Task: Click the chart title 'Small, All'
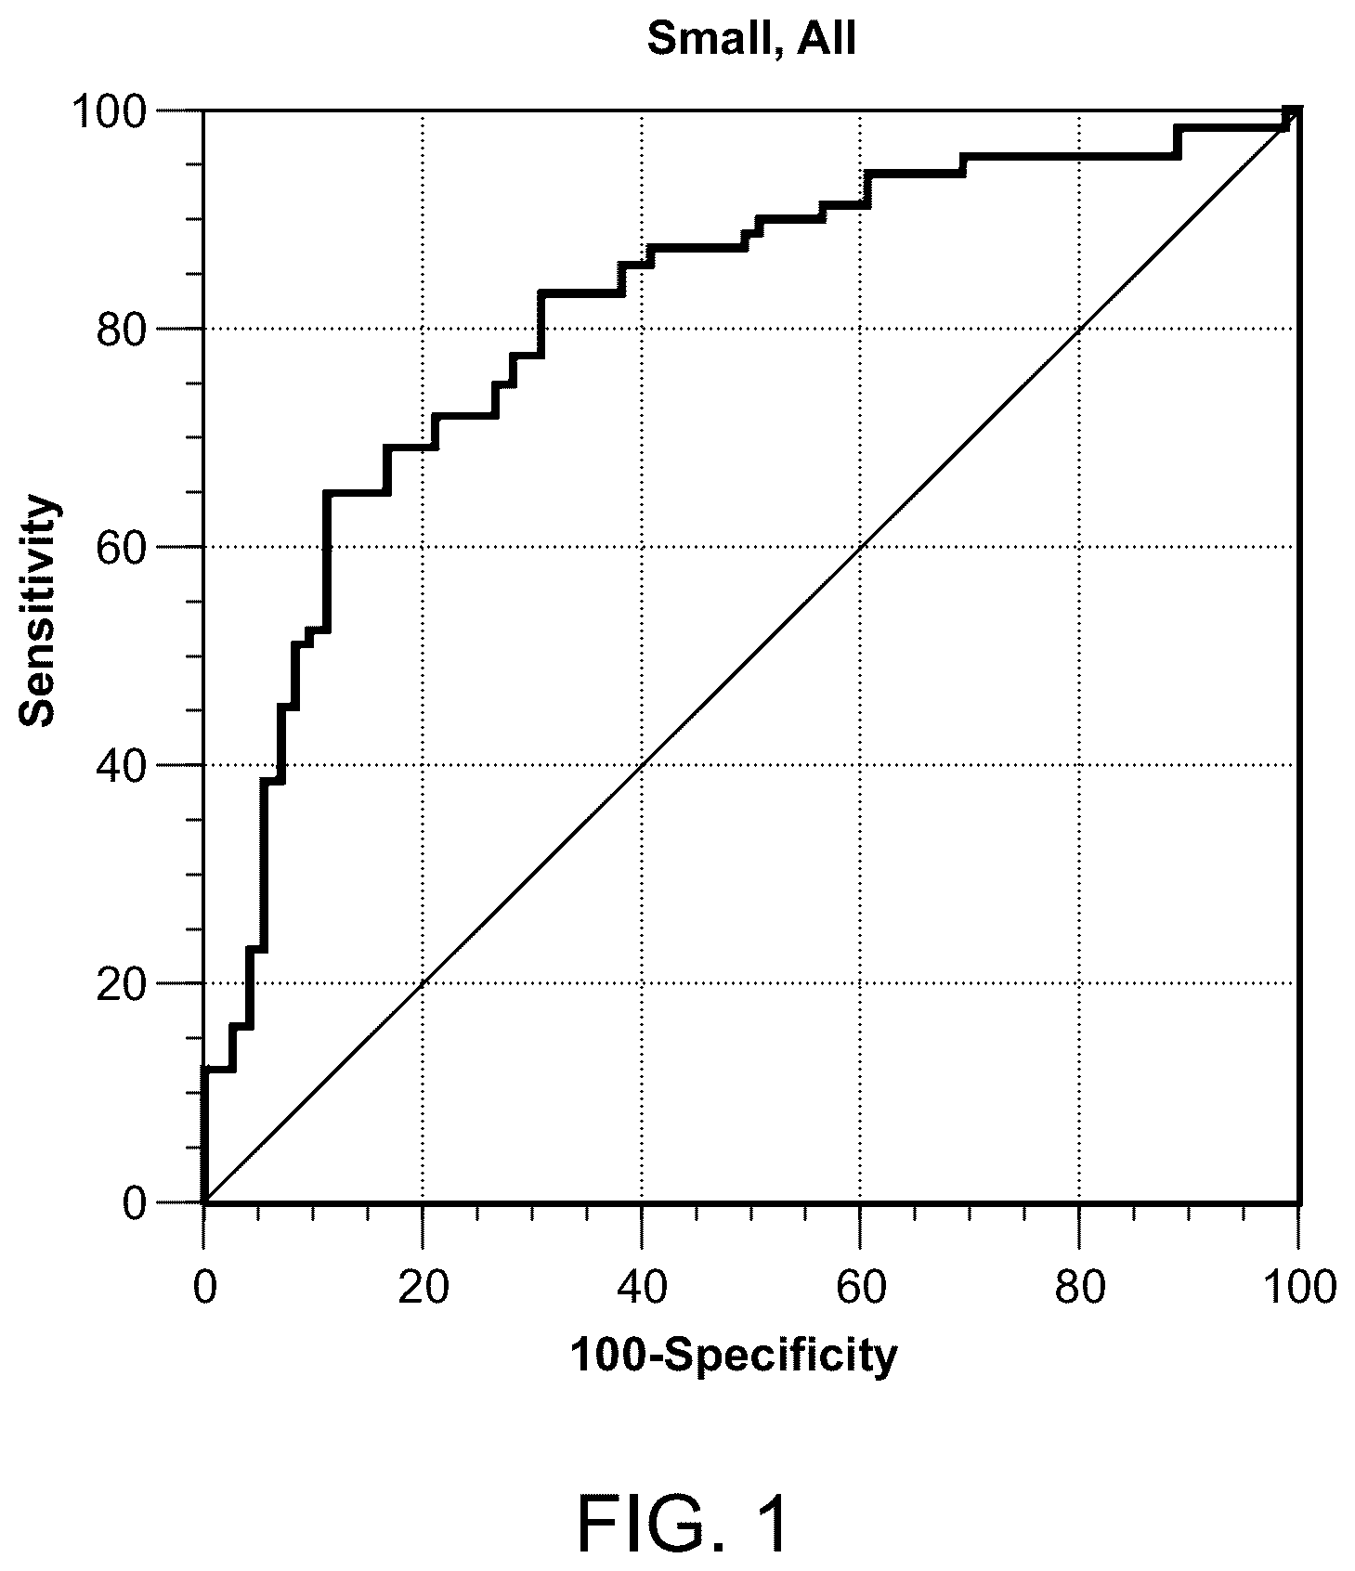[x=750, y=40]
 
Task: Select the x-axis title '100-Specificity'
[x=734, y=1357]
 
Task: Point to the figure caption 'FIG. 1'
[x=684, y=1499]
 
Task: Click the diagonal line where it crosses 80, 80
[x=1080, y=329]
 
